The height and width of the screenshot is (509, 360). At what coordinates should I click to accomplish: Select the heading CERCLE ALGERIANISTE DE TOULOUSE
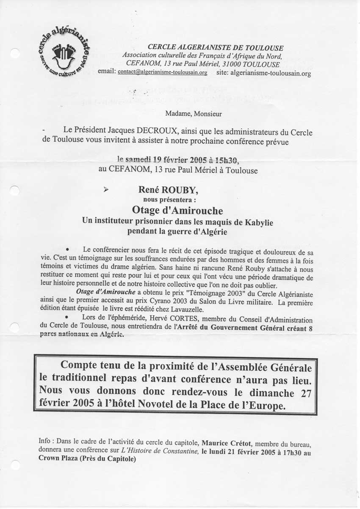click(x=216, y=48)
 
